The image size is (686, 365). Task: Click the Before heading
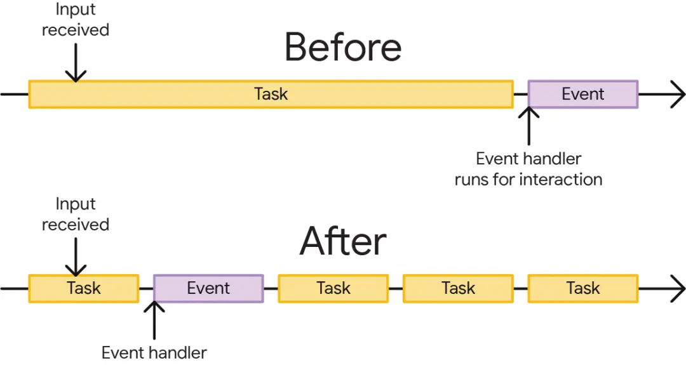[x=343, y=47]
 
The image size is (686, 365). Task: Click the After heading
[x=343, y=241]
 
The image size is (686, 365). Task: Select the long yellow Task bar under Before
[x=271, y=94]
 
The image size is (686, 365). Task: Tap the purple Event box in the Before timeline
[x=582, y=94]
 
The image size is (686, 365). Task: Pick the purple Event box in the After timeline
[x=208, y=288]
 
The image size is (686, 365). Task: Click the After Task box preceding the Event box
[x=84, y=288]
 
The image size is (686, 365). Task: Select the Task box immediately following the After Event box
[x=333, y=288]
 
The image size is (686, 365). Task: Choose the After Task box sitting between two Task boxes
[x=458, y=288]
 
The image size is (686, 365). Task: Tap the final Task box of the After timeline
[x=582, y=288]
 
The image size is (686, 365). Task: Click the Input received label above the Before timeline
[x=75, y=20]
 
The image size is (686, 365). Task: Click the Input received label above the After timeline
[x=75, y=214]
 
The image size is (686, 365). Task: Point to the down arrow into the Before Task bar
[x=76, y=62]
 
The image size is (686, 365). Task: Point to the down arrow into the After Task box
[x=76, y=257]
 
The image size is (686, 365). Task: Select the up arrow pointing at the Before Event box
[x=528, y=126]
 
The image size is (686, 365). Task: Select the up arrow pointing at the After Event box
[x=154, y=321]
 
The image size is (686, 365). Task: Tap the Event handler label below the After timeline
[x=154, y=352]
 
